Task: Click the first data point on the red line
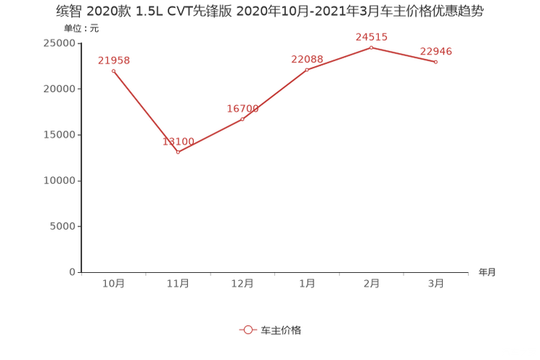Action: (113, 70)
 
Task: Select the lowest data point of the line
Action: (178, 152)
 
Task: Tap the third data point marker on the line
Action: (243, 118)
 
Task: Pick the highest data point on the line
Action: (371, 47)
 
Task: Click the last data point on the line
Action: (435, 62)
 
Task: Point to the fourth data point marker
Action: (307, 70)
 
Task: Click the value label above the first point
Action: (113, 60)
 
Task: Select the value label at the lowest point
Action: (178, 142)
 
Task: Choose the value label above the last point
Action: (436, 51)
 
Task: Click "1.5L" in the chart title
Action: (147, 12)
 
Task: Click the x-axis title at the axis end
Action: (487, 273)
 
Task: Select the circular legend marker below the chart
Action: (247, 330)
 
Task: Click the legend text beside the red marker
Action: (281, 330)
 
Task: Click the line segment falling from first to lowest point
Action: (145, 111)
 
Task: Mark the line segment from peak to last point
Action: (404, 55)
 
